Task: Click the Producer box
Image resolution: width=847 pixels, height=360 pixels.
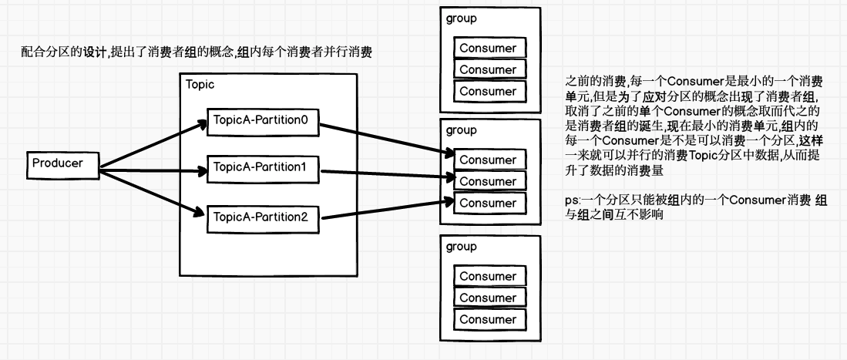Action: [63, 164]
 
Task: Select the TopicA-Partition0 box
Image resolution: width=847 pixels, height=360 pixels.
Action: [262, 121]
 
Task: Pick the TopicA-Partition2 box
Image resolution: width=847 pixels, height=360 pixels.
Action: [262, 217]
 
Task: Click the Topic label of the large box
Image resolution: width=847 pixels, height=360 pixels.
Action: [200, 84]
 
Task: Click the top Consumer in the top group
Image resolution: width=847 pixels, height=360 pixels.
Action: [489, 48]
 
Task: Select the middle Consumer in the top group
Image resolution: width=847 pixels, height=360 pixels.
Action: [489, 69]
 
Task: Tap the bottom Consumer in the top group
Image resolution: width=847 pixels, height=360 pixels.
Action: [489, 91]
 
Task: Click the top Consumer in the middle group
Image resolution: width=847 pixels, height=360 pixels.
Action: [489, 160]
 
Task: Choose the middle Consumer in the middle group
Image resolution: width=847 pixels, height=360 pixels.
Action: [489, 182]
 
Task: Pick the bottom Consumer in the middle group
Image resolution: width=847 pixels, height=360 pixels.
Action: [489, 204]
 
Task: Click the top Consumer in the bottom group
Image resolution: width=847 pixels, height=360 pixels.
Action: [489, 276]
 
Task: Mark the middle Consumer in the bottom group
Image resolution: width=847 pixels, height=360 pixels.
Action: [489, 298]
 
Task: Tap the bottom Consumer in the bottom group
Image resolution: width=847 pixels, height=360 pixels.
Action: [489, 319]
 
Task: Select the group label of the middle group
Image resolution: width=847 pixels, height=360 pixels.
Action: [461, 130]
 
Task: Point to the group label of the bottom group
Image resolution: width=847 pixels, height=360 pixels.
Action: [461, 247]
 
